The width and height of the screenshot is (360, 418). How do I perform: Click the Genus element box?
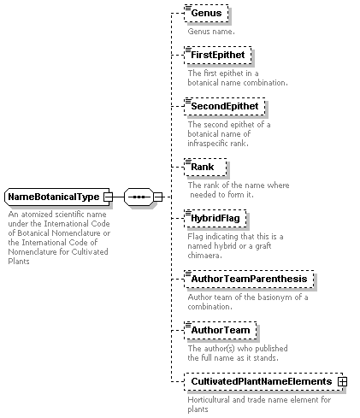[x=206, y=13]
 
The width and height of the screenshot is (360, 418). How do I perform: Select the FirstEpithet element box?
[x=218, y=55]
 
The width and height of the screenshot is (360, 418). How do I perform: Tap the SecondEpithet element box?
[x=225, y=106]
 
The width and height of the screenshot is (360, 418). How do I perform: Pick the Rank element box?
[x=205, y=167]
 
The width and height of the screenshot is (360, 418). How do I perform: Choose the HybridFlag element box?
[x=215, y=218]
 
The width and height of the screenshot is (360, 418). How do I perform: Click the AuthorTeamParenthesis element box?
[x=249, y=279]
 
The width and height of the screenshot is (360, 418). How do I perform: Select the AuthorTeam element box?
[x=221, y=330]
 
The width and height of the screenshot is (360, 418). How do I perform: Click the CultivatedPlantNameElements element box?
[x=263, y=381]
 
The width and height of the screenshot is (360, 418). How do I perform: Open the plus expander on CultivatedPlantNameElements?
[x=342, y=381]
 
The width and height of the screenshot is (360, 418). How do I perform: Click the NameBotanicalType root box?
[x=57, y=197]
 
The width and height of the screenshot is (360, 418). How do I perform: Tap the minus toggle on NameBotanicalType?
[x=108, y=197]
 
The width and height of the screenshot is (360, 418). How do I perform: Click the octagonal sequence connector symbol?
[x=139, y=197]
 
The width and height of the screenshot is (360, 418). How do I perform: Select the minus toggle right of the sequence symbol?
[x=158, y=197]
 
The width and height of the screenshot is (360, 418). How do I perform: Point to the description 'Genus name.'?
[x=211, y=32]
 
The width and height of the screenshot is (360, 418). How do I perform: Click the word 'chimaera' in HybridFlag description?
[x=204, y=256]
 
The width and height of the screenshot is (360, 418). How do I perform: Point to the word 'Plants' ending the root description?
[x=19, y=262]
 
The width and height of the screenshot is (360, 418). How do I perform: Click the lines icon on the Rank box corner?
[x=188, y=162]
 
